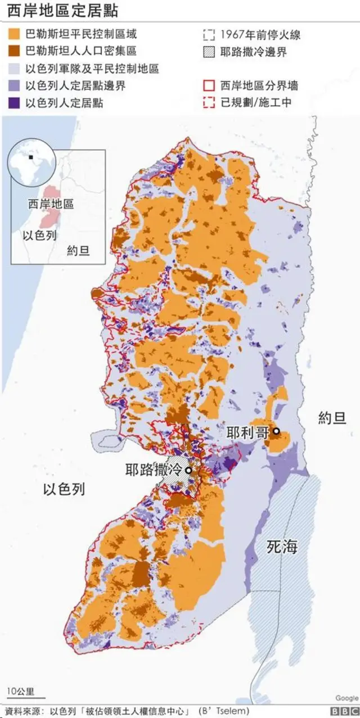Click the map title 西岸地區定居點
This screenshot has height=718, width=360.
tap(62, 11)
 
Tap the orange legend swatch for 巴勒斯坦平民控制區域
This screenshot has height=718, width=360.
tap(15, 35)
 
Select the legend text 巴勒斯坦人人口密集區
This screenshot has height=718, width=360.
tap(81, 52)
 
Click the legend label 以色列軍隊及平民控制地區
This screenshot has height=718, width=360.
tap(92, 69)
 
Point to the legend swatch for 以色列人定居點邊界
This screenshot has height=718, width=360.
tap(15, 86)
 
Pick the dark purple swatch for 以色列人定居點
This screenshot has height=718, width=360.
tap(15, 103)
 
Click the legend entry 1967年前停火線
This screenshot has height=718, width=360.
tap(260, 35)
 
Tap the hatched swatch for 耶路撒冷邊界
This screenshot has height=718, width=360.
tap(208, 52)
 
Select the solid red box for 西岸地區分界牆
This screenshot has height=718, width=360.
tap(208, 86)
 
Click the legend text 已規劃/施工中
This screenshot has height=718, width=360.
tap(256, 103)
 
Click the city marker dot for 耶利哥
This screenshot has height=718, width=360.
tap(276, 432)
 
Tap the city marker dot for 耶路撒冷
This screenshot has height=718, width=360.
tap(188, 470)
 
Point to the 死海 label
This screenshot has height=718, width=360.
tap(282, 546)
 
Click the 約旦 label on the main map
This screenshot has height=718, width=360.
tap(332, 418)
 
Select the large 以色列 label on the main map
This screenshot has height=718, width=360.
tap(64, 489)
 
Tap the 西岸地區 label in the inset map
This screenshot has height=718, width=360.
tap(51, 204)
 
